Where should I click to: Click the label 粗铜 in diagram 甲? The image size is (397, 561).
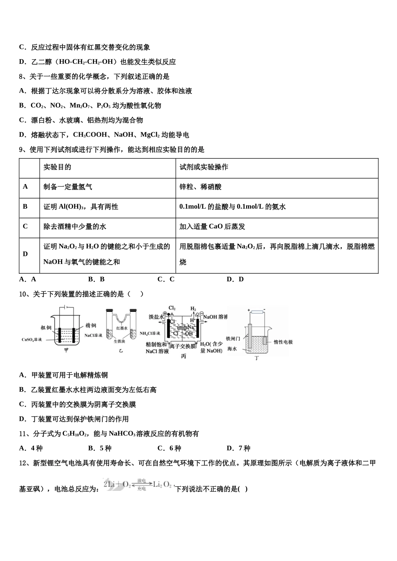(x=46, y=328)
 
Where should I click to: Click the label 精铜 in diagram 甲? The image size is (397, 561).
(x=91, y=325)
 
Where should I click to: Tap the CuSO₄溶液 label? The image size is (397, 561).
(x=32, y=339)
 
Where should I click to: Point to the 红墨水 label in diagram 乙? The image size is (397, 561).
(x=122, y=328)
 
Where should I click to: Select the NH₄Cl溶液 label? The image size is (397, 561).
(x=150, y=333)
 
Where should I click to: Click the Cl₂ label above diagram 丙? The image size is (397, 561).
(x=172, y=308)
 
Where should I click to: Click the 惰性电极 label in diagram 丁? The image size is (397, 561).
(x=283, y=342)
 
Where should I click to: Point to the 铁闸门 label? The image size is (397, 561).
(x=233, y=339)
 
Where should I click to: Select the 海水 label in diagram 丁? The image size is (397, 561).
(x=232, y=349)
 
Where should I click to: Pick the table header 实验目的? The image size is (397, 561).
(x=57, y=167)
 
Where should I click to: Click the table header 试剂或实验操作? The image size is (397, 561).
(x=204, y=167)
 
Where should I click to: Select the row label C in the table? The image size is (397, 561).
(x=25, y=226)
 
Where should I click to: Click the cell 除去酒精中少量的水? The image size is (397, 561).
(x=75, y=226)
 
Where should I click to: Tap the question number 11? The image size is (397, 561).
(x=23, y=434)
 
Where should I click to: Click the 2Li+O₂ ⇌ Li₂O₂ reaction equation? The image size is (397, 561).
(x=138, y=485)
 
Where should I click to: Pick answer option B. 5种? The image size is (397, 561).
(x=100, y=448)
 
